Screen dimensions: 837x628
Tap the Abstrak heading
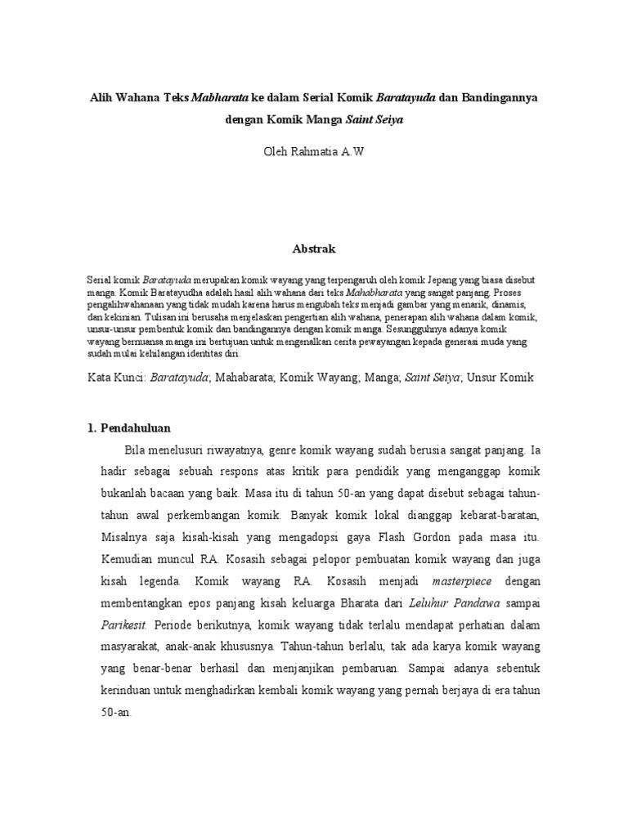pyautogui.click(x=313, y=247)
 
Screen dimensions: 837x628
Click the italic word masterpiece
pyautogui.click(x=451, y=580)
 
